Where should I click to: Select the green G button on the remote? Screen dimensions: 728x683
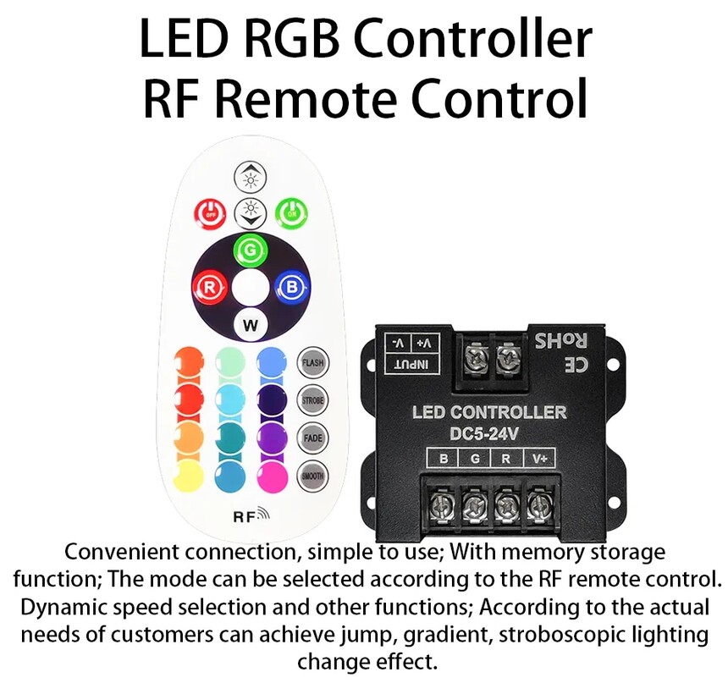point(251,251)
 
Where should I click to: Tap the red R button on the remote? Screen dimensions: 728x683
point(210,288)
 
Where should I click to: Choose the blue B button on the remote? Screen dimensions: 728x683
point(292,288)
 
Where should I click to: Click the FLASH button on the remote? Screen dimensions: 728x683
point(312,362)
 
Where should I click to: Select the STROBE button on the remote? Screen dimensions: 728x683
point(312,400)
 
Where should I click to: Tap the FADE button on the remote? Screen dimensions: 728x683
point(312,438)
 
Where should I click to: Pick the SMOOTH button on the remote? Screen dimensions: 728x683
point(312,476)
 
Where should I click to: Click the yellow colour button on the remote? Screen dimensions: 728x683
point(189,476)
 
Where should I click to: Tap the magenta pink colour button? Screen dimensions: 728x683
point(272,476)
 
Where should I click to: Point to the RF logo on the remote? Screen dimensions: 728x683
point(251,516)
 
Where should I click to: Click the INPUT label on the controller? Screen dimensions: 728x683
point(411,365)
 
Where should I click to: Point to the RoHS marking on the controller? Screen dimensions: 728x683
point(561,341)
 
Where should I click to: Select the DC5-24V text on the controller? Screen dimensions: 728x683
point(484,434)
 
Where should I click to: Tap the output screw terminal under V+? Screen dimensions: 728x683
point(538,504)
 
